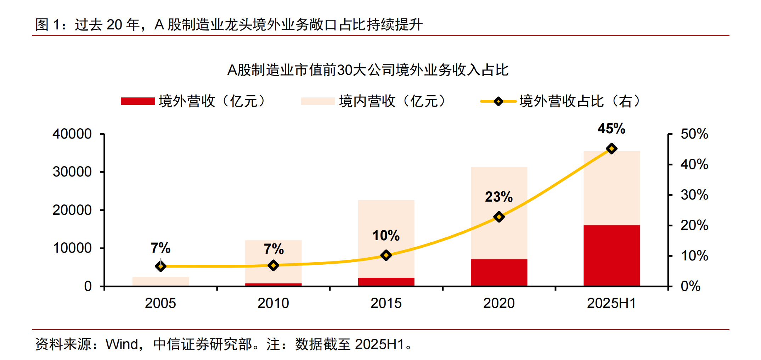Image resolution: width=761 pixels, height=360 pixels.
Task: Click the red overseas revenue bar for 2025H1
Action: pyautogui.click(x=611, y=255)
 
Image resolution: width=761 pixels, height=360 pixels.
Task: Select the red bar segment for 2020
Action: pyautogui.click(x=499, y=272)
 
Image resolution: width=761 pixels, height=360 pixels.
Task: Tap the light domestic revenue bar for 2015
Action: pyautogui.click(x=386, y=227)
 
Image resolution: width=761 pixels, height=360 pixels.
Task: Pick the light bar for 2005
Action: pyautogui.click(x=160, y=281)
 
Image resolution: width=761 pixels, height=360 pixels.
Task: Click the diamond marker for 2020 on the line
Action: pyautogui.click(x=499, y=216)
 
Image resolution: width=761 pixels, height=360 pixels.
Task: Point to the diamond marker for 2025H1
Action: pyautogui.click(x=611, y=148)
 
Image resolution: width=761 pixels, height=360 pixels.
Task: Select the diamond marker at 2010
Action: pyautogui.click(x=273, y=265)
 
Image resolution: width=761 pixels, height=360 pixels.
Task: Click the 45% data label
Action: pyautogui.click(x=611, y=128)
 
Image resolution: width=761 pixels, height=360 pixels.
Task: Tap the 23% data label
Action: pyautogui.click(x=499, y=197)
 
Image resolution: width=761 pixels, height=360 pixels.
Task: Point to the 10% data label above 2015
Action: pyautogui.click(x=386, y=236)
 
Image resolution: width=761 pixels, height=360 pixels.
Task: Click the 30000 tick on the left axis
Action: pyautogui.click(x=72, y=172)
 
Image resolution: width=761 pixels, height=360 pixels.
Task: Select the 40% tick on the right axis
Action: pyautogui.click(x=694, y=164)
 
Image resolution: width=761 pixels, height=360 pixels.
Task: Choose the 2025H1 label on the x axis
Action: pyautogui.click(x=611, y=303)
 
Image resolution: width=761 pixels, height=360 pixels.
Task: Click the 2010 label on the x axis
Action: pyautogui.click(x=273, y=303)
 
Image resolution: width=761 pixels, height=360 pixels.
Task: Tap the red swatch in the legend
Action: pyautogui.click(x=138, y=101)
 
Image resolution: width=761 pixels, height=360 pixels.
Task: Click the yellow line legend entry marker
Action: pyautogui.click(x=498, y=101)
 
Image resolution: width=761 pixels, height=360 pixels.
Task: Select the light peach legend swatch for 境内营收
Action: pyautogui.click(x=318, y=101)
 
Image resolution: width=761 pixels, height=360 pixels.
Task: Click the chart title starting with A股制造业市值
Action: pyautogui.click(x=368, y=70)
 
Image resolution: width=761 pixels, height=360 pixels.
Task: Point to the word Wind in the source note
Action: pyautogui.click(x=122, y=344)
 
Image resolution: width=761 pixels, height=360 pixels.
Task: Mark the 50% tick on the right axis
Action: pyautogui.click(x=694, y=134)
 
